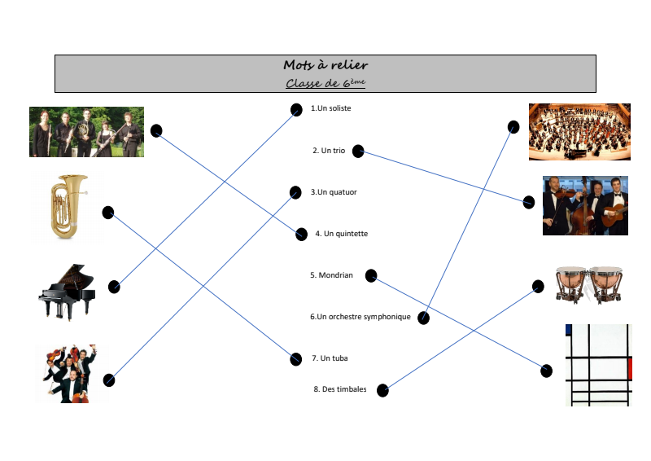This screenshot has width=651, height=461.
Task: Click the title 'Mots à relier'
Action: pyautogui.click(x=325, y=64)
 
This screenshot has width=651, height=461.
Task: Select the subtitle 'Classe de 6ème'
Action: pyautogui.click(x=325, y=83)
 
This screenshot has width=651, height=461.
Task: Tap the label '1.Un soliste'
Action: pyautogui.click(x=331, y=108)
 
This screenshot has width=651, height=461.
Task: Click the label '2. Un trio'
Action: pyautogui.click(x=329, y=151)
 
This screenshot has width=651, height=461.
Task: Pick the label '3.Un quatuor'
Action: pyautogui.click(x=334, y=192)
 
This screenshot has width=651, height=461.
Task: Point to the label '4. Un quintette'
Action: pyautogui.click(x=342, y=234)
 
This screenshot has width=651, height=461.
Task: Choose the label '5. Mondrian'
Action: pyautogui.click(x=331, y=275)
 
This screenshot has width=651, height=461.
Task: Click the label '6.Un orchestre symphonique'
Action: pyautogui.click(x=360, y=317)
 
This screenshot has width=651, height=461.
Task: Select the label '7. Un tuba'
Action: pyautogui.click(x=330, y=358)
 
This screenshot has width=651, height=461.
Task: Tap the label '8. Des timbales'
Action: pyautogui.click(x=340, y=389)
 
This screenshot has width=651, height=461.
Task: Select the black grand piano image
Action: pyautogui.click(x=68, y=291)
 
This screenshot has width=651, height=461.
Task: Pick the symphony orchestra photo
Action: pyautogui.click(x=579, y=131)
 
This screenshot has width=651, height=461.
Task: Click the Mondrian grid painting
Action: pyautogui.click(x=597, y=364)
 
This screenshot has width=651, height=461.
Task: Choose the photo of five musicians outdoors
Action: pyautogui.click(x=86, y=132)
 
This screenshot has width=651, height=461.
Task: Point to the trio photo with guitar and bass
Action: pyautogui.click(x=585, y=205)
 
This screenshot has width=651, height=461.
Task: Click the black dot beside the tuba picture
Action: pyautogui.click(x=107, y=213)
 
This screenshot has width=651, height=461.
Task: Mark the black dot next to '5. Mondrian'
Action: pyautogui.click(x=370, y=275)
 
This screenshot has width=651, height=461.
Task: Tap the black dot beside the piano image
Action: pyautogui.click(x=114, y=287)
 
